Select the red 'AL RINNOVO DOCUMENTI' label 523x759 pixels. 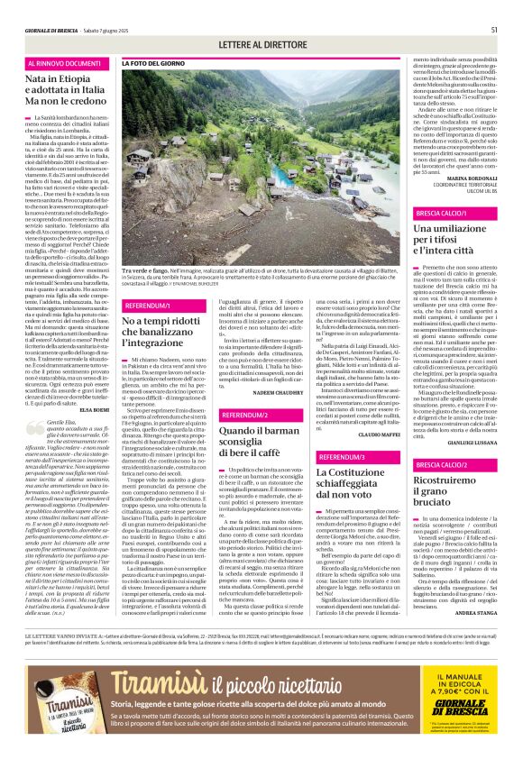65,64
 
